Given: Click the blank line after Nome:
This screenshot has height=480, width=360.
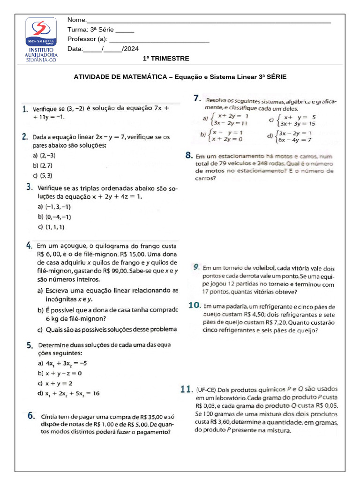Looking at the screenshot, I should click(x=209, y=21).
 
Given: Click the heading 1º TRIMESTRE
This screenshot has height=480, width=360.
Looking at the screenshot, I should click(x=166, y=59).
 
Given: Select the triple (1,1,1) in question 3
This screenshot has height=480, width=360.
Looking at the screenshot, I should click(x=55, y=227).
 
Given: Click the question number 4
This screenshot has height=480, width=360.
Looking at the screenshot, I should click(x=29, y=245).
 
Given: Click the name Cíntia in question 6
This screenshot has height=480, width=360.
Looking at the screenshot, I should click(x=51, y=416).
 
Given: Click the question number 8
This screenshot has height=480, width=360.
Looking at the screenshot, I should click(x=188, y=155).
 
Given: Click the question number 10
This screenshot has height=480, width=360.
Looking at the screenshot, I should click(x=195, y=305).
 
